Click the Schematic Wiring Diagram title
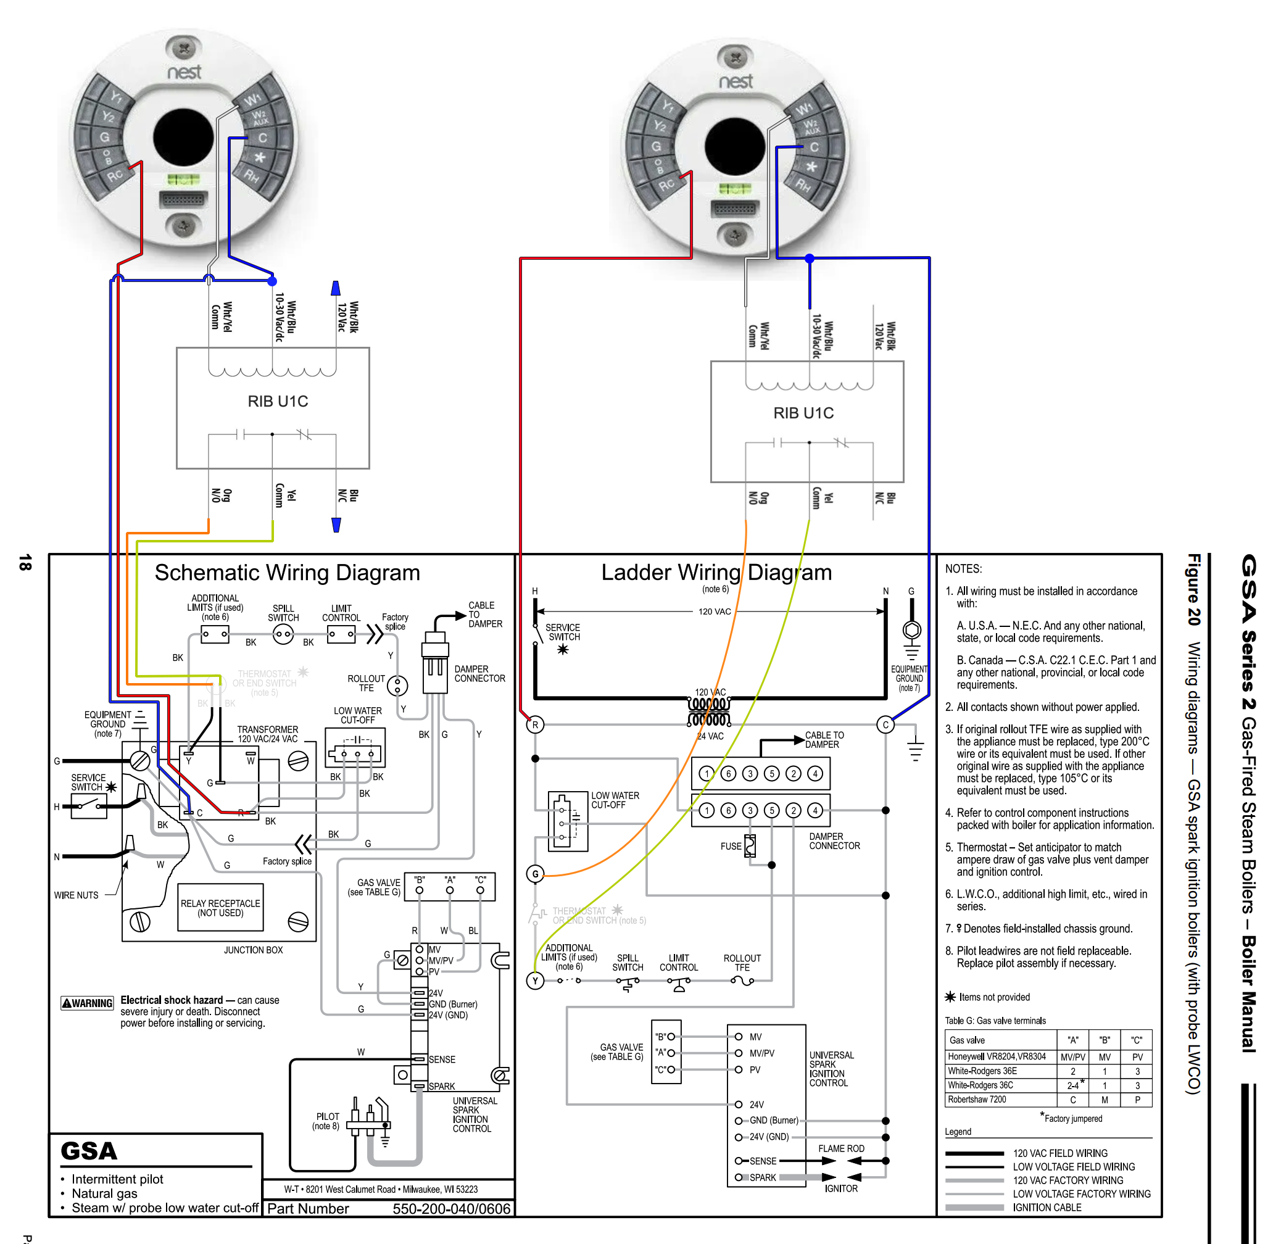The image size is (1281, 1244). point(287,573)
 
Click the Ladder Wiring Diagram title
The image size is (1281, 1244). point(716,572)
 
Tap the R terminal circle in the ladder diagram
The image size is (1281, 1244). point(535,724)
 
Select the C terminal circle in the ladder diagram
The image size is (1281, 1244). point(885,724)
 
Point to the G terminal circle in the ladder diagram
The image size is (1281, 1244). point(535,874)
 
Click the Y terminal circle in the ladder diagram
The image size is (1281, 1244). point(535,981)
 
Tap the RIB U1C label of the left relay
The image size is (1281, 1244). point(278,401)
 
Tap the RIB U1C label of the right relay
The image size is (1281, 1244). point(803,413)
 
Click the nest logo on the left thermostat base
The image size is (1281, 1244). point(184,72)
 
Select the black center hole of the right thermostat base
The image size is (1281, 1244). point(736,147)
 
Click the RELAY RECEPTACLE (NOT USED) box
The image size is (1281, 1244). point(220,907)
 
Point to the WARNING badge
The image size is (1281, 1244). point(88,1003)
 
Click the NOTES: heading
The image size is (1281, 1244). point(963,569)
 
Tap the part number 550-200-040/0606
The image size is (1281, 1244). point(451,1209)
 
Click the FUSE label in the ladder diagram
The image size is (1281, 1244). point(731,846)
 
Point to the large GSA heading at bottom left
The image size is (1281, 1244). point(89,1151)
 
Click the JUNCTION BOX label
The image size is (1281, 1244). point(253,950)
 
